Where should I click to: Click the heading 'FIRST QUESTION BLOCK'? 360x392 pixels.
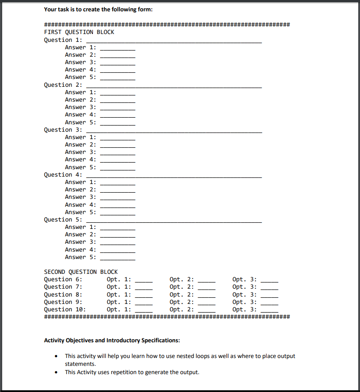click(x=79, y=32)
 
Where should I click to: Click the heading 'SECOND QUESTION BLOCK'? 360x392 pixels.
click(x=81, y=272)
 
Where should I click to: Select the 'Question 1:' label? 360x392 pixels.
click(x=63, y=40)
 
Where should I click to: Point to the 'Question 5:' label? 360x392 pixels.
click(x=63, y=219)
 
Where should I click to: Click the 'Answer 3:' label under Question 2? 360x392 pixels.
click(x=81, y=107)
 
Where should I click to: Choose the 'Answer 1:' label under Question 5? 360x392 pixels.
click(x=81, y=227)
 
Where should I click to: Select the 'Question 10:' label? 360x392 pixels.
click(x=65, y=309)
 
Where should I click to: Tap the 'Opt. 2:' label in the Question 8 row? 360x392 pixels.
click(x=182, y=294)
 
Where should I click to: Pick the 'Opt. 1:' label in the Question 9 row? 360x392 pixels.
click(x=119, y=302)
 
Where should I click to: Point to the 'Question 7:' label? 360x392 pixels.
click(x=63, y=286)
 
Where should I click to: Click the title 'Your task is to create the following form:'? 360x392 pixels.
click(x=98, y=9)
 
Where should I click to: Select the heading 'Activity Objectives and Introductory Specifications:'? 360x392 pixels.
click(x=112, y=340)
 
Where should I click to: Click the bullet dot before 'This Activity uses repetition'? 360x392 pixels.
click(x=56, y=372)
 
